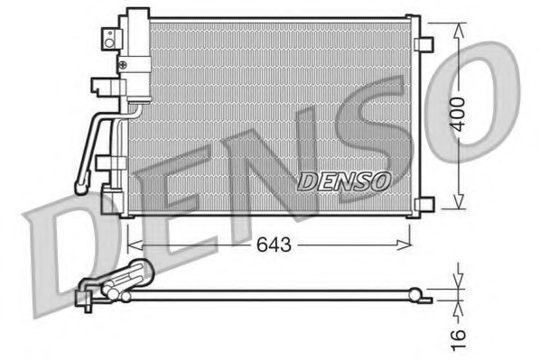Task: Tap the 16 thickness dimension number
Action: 461,335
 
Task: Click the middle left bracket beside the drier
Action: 102,88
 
